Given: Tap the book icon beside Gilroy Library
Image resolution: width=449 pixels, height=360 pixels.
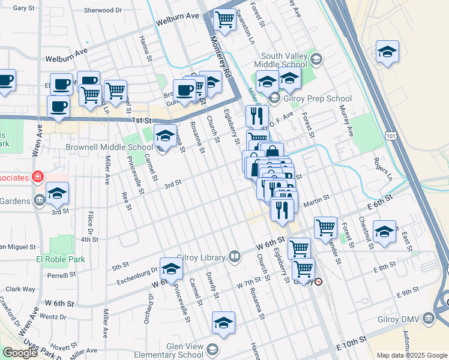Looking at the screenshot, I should pos(235,257).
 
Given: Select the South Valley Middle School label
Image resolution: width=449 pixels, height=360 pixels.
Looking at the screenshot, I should pos(280,59).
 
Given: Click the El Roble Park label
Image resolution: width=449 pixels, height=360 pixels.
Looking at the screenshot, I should pos(60,259).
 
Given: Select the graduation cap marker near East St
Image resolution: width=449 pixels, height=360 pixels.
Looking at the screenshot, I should pos(384,231).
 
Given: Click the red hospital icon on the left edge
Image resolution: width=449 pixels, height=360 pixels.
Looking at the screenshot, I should pos(38,177).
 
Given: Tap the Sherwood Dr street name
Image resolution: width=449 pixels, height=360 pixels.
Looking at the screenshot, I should pos(103,10).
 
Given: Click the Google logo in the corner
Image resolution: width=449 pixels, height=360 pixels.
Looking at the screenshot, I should pos(20,352).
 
